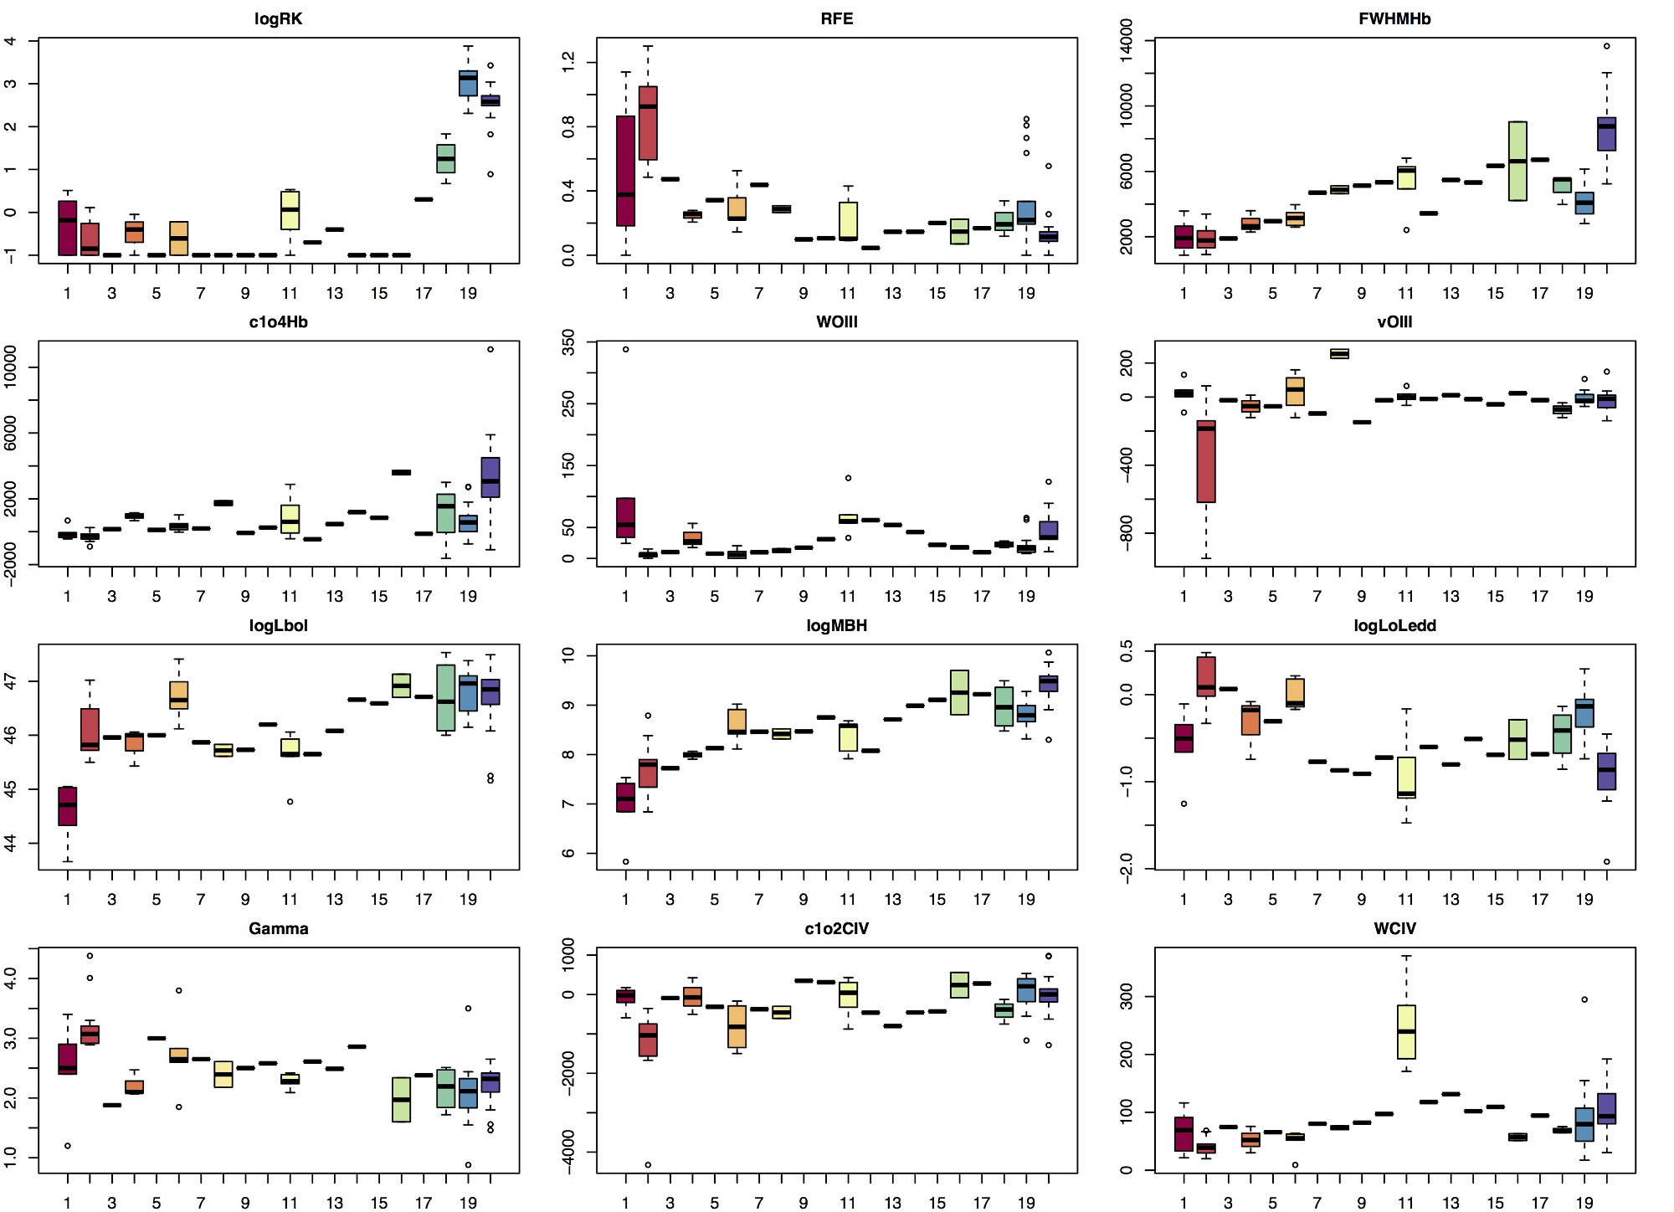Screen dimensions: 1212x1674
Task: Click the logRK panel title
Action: coord(278,18)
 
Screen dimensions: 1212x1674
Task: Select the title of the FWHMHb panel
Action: coord(1394,18)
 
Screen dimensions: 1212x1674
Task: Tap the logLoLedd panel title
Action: coord(1394,625)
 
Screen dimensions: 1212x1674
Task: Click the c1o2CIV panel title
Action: coord(836,928)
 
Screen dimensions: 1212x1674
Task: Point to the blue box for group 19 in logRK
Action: coord(468,84)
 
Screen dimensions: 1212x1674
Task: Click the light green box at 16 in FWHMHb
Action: coord(1517,161)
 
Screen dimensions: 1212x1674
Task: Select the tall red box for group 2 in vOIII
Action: coord(1206,461)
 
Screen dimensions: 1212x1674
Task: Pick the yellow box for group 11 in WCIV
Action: coord(1406,1032)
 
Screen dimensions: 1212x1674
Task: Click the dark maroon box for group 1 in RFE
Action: coord(625,171)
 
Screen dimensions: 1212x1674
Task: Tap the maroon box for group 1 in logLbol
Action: coord(68,806)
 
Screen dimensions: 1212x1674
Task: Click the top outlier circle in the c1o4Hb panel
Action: coord(490,349)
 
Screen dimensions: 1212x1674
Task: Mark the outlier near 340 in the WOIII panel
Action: coord(625,349)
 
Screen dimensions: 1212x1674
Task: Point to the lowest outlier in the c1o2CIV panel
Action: coord(648,1164)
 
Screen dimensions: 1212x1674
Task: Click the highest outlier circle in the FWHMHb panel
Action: coord(1606,46)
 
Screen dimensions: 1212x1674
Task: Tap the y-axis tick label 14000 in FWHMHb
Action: coord(1127,40)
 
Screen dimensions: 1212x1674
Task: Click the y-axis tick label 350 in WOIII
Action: coord(569,342)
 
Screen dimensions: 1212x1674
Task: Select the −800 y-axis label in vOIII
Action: coord(1127,533)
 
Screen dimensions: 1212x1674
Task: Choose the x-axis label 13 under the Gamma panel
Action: coord(334,1203)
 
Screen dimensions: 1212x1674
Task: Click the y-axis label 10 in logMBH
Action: coord(569,655)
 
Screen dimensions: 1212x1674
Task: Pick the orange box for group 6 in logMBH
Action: coord(737,722)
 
